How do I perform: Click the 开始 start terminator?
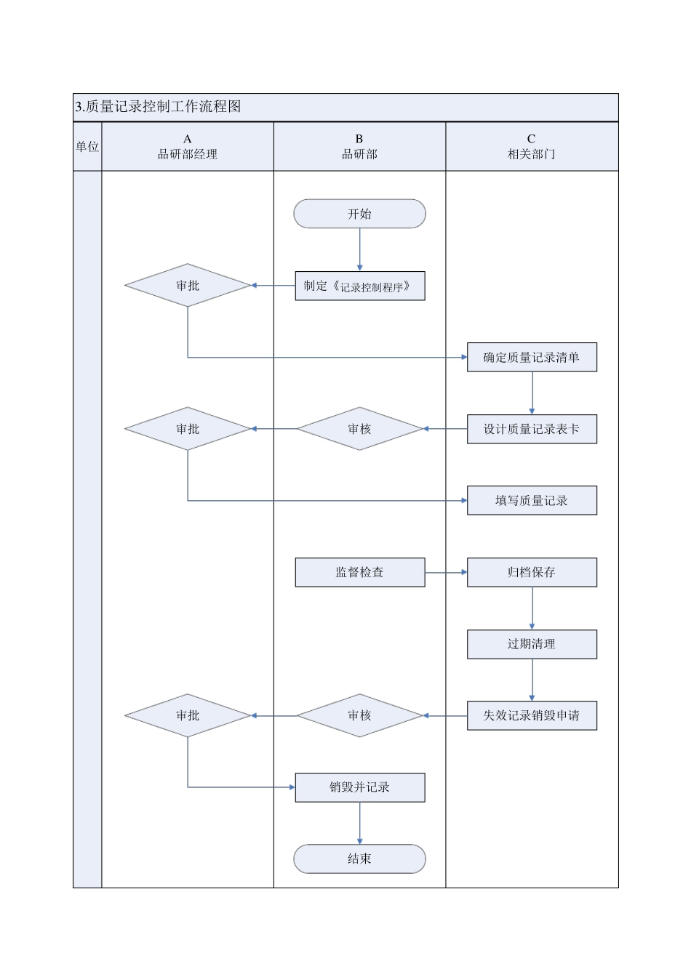coord(359,214)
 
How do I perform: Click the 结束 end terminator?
coord(359,859)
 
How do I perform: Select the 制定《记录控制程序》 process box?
coord(359,286)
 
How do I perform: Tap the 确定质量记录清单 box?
coord(532,357)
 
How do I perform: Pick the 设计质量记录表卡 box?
coord(532,429)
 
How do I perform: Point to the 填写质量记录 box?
coord(532,500)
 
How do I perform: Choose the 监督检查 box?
coord(359,572)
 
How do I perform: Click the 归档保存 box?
coord(532,572)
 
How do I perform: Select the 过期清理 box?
coord(532,644)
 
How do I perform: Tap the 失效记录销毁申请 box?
coord(532,715)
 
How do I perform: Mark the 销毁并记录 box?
coord(359,787)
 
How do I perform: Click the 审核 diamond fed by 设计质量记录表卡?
coord(359,429)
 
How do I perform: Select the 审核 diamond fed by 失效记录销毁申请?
coord(359,715)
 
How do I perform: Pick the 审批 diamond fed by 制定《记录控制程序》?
coord(188,286)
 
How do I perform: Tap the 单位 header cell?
coord(87,147)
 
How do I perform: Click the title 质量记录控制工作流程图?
coord(158,107)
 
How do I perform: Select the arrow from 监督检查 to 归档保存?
coord(446,572)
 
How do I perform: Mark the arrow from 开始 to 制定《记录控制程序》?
coord(359,249)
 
